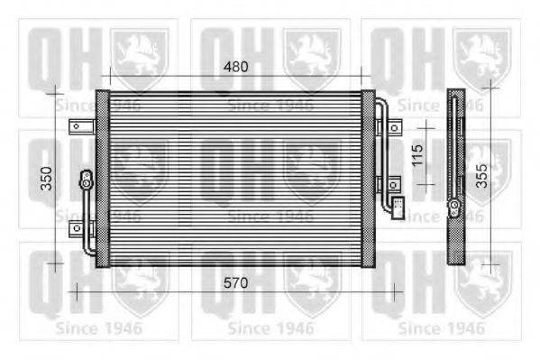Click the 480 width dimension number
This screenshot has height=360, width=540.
click(x=235, y=67)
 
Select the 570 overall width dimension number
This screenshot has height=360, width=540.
click(x=235, y=282)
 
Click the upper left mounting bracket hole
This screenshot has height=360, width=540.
click(x=79, y=126)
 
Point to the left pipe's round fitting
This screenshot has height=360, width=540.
click(x=87, y=179)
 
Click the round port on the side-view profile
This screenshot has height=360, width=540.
click(x=457, y=212)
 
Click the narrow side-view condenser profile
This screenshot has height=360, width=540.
click(x=457, y=176)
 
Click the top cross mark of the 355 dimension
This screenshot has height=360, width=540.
click(x=490, y=88)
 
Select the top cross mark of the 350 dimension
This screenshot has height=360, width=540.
click(x=55, y=90)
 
